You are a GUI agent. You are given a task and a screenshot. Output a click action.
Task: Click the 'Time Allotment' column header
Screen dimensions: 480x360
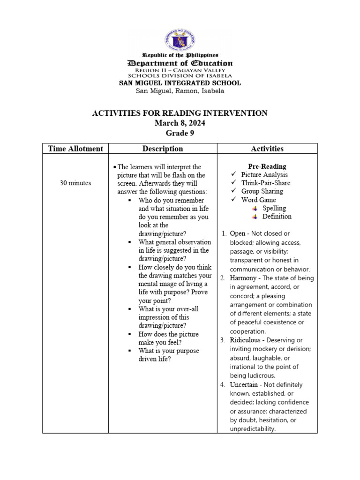tap(75, 149)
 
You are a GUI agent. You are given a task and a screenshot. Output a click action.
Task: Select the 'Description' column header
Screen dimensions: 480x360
tap(163, 149)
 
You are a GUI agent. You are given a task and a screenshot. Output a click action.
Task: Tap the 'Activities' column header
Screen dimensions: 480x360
tap(267, 149)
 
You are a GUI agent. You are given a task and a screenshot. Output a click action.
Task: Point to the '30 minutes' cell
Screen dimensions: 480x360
tap(75, 183)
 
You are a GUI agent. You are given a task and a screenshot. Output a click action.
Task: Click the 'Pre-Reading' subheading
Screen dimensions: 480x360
tap(267, 166)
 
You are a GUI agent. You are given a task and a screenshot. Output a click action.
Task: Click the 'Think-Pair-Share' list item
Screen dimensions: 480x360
tap(265, 183)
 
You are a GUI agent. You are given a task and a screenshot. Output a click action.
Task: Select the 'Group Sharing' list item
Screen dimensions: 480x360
tap(262, 191)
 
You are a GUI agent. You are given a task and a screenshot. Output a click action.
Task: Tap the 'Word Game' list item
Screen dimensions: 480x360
tap(258, 200)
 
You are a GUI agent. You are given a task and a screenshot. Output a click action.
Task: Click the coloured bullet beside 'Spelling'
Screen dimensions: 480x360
tap(255, 208)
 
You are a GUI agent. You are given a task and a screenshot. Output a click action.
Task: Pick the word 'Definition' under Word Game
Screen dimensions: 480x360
tap(277, 217)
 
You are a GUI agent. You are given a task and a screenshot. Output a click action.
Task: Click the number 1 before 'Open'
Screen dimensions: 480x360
tap(224, 233)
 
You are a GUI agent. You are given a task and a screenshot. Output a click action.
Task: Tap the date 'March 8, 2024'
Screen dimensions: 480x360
tap(180, 123)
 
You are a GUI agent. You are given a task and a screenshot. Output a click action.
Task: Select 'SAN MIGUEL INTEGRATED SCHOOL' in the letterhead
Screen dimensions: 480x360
tap(180, 83)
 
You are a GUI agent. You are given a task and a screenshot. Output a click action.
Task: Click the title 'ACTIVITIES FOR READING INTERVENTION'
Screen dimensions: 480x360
tap(180, 113)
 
